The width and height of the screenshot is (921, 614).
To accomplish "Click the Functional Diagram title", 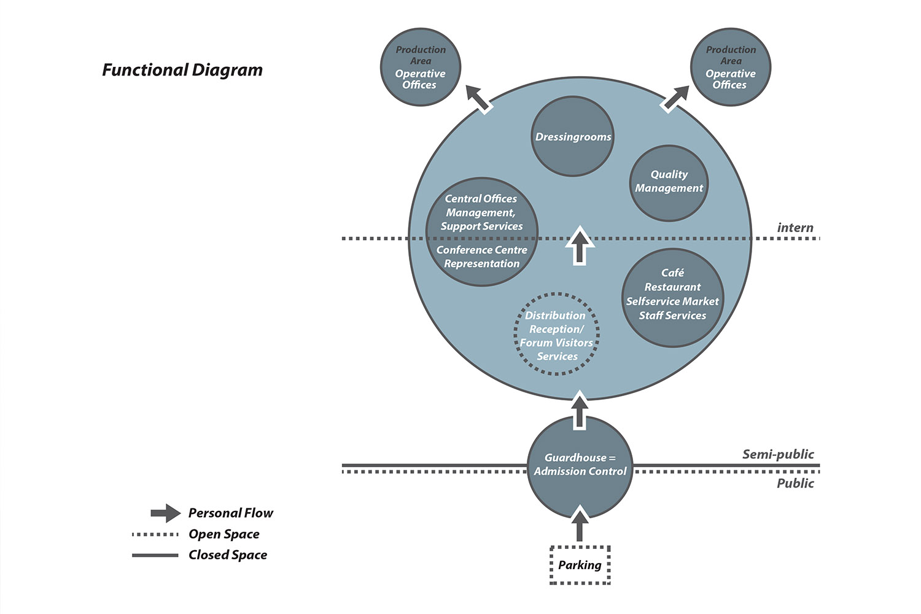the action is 182,70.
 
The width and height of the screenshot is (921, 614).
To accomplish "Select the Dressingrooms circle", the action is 573,136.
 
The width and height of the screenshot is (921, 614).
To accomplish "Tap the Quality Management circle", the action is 669,183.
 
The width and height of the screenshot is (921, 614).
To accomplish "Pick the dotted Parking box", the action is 580,565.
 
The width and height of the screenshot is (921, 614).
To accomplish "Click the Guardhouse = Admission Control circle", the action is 580,467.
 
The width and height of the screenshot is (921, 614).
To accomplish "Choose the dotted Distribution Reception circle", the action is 556,334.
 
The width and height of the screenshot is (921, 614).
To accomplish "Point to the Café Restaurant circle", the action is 673,298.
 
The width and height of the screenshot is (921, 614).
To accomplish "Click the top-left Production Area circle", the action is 420,67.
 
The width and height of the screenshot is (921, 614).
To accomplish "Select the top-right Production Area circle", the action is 731,67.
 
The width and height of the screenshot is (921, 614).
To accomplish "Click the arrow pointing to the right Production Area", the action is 675,99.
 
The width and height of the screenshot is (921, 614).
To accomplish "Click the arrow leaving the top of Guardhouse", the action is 580,410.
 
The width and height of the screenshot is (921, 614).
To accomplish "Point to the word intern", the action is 795,227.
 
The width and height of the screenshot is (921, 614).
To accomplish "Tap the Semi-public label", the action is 778,454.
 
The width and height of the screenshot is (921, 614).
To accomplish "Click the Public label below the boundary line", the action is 795,483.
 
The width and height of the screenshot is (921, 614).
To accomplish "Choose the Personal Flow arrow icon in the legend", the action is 166,513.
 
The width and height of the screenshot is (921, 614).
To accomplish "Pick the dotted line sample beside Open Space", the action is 155,535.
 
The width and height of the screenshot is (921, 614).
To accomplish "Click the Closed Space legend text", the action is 228,555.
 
